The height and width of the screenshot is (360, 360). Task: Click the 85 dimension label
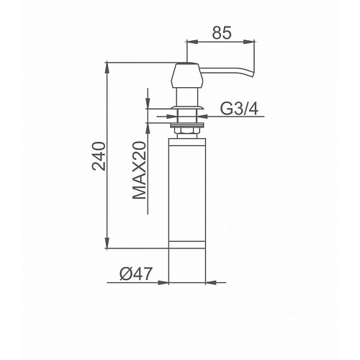pos(222,32)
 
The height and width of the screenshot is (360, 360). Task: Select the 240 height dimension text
pos(99,156)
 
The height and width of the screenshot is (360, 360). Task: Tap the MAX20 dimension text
pos(139,171)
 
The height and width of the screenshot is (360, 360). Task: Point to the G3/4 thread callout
pos(239,109)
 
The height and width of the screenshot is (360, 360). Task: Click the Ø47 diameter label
pos(136,274)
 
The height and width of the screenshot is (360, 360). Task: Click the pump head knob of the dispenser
pos(187,76)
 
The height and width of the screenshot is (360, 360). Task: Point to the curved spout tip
pos(251,73)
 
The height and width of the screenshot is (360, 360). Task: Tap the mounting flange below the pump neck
pos(187,107)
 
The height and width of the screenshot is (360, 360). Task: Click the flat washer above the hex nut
pos(187,125)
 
